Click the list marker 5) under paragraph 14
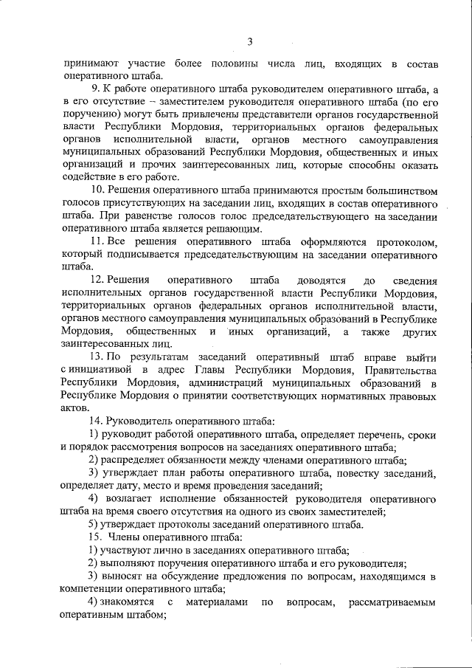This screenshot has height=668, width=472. (94, 524)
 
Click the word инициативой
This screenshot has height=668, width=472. (103, 371)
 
